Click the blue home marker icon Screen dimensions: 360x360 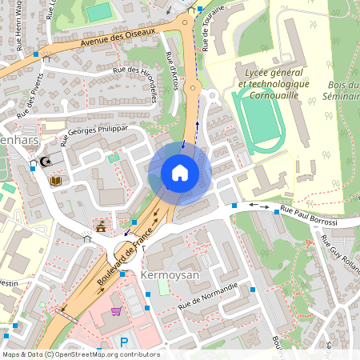click(180, 173)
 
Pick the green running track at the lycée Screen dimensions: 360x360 click(261, 120)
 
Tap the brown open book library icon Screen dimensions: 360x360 click(56, 182)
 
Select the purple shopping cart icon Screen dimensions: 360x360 click(116, 311)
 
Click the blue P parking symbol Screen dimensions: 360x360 click(122, 342)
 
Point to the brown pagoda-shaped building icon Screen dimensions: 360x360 click(101, 227)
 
